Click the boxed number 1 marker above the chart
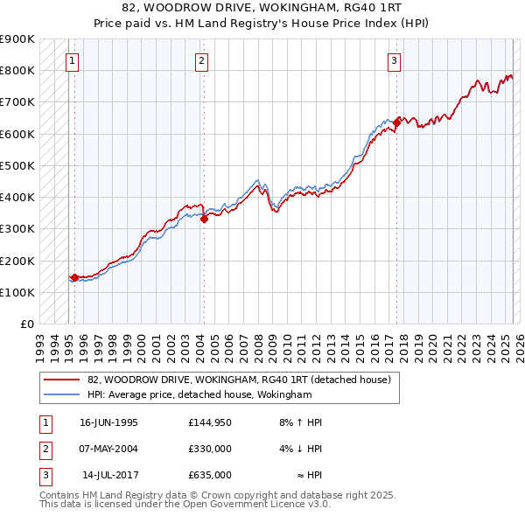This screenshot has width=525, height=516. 71,61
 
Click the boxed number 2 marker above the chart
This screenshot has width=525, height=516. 201,61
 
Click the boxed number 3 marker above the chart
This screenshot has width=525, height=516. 395,61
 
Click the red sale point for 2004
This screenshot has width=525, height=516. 204,220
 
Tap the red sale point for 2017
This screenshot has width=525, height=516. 396,122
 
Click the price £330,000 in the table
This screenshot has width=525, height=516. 210,449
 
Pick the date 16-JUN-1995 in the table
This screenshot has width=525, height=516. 108,422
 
